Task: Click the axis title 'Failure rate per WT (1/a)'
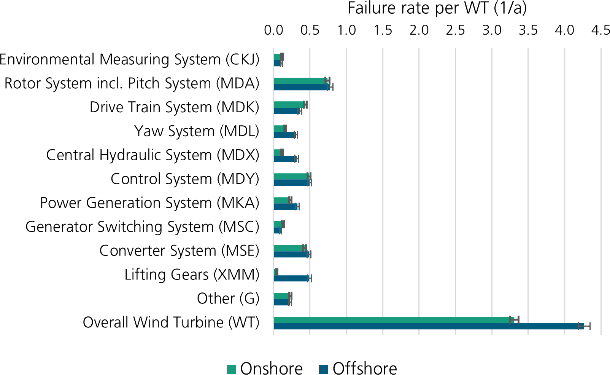(x=437, y=8)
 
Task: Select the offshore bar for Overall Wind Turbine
(x=429, y=326)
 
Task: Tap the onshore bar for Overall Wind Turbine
(x=394, y=320)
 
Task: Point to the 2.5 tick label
(x=455, y=30)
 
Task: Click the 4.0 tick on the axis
(x=564, y=30)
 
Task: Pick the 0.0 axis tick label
(x=274, y=30)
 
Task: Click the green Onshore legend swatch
(x=231, y=370)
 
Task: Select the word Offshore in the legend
(x=365, y=369)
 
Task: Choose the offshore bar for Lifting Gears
(x=292, y=278)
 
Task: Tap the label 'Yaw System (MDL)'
(x=197, y=131)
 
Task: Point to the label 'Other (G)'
(x=228, y=298)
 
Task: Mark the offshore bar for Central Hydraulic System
(x=285, y=159)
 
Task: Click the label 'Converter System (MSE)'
(x=179, y=251)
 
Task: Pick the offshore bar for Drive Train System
(x=287, y=111)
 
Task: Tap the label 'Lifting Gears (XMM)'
(x=192, y=275)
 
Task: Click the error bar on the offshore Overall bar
(x=584, y=326)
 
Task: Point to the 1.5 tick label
(x=383, y=30)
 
